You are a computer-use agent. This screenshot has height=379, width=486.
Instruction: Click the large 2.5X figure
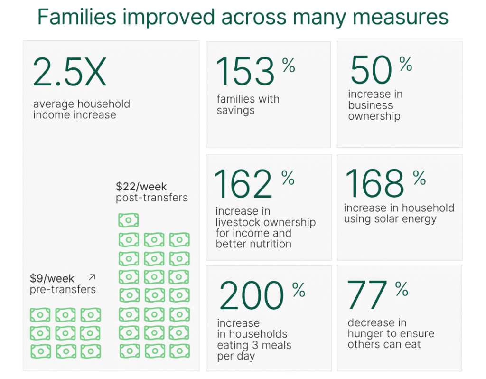pos(69,73)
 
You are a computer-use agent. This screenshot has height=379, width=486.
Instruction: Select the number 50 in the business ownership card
pos(371,71)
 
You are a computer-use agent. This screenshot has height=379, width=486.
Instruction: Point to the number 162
pos(243,185)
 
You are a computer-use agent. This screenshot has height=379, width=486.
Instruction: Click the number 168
pos(374,183)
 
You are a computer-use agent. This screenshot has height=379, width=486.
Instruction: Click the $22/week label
pos(141,187)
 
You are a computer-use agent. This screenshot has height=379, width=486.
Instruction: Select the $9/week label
pos(52,278)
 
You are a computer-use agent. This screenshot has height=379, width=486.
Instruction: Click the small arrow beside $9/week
pos(92,277)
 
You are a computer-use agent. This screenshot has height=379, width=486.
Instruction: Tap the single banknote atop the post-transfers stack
pos(129,220)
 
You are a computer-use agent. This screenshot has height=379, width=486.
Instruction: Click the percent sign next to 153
pos(289,66)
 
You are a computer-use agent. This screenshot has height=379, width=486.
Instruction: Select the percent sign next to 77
pos(402,288)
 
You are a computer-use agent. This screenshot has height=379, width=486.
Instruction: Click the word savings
pos(236,111)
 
